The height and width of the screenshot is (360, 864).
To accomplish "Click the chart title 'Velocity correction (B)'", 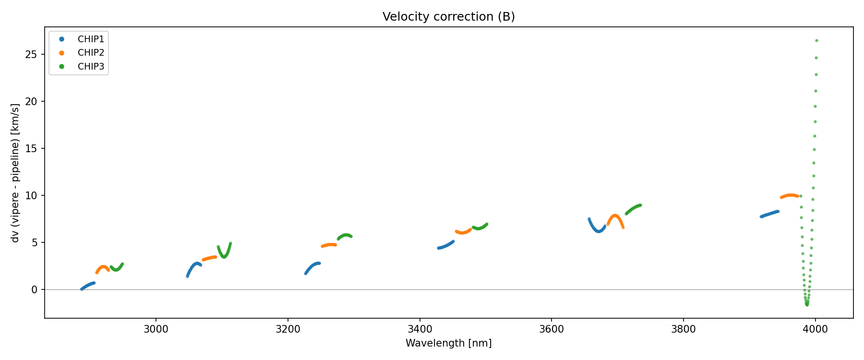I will tap(448, 17).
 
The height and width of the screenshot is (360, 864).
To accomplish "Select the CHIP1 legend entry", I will tap(90, 39).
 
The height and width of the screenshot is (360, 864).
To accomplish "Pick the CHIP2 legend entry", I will tap(90, 53).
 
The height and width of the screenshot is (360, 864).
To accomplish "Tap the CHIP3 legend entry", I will tap(90, 67).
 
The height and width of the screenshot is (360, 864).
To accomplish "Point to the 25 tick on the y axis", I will tap(31, 55).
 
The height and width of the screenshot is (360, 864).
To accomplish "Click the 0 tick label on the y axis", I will tap(34, 289).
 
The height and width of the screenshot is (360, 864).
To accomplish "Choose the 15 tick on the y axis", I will tap(31, 149).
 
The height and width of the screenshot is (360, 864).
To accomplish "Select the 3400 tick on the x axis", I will tap(420, 329).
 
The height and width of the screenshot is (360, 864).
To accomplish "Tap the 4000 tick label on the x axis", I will tap(815, 329).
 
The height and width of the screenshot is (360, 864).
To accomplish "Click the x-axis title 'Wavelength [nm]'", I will tap(448, 343).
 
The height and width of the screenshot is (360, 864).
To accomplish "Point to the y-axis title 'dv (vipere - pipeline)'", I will tap(15, 173).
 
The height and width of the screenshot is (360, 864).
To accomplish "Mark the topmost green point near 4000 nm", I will tap(816, 41).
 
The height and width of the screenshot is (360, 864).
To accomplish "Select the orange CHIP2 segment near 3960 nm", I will tap(790, 195).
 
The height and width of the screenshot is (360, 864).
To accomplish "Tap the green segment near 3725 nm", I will tap(633, 208).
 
